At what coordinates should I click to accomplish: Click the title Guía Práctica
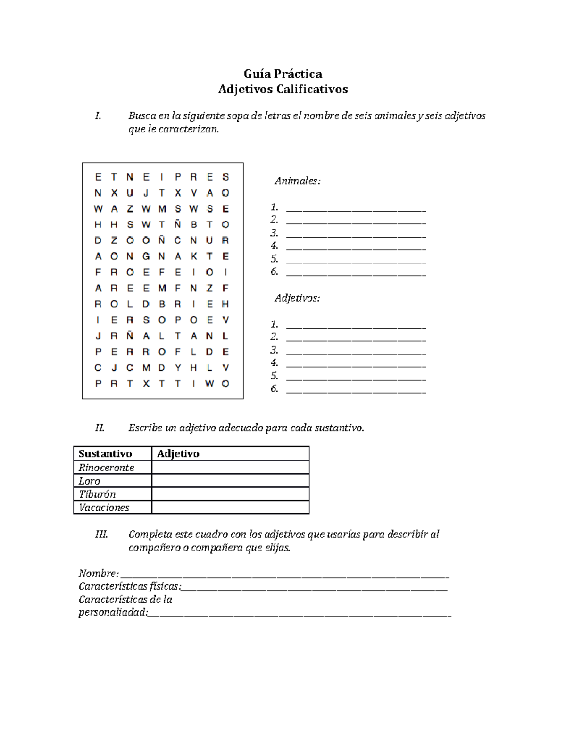283,74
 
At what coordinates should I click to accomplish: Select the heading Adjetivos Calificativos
283,89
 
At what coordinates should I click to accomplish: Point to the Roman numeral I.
98,116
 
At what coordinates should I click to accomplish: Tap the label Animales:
298,181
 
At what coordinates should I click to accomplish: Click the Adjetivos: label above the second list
297,298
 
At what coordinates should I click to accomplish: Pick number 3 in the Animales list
274,233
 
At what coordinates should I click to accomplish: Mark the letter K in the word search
193,256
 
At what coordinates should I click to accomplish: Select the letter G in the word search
146,256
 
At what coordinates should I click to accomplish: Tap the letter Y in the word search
178,368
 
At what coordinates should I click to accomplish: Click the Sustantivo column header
105,453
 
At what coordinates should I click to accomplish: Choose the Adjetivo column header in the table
178,453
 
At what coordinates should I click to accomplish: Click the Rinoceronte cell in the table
107,468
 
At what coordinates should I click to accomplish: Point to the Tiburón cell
97,494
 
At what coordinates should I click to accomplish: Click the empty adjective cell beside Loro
230,481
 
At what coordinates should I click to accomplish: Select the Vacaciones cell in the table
104,508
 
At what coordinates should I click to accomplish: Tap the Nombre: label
99,574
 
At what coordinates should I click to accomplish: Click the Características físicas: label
130,586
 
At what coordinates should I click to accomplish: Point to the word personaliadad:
113,612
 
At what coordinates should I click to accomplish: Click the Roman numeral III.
101,535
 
